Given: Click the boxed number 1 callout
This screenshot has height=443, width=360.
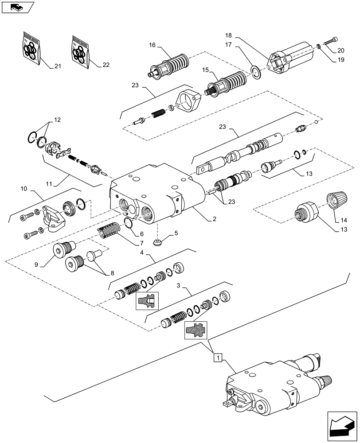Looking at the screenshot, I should pyautogui.click(x=217, y=356).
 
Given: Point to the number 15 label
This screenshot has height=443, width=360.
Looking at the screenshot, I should pyautogui.click(x=205, y=70).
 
